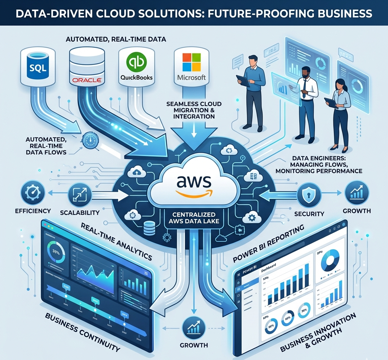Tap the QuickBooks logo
point(136,67)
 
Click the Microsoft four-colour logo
point(191,63)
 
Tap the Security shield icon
point(306,195)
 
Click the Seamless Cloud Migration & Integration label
point(193,110)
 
